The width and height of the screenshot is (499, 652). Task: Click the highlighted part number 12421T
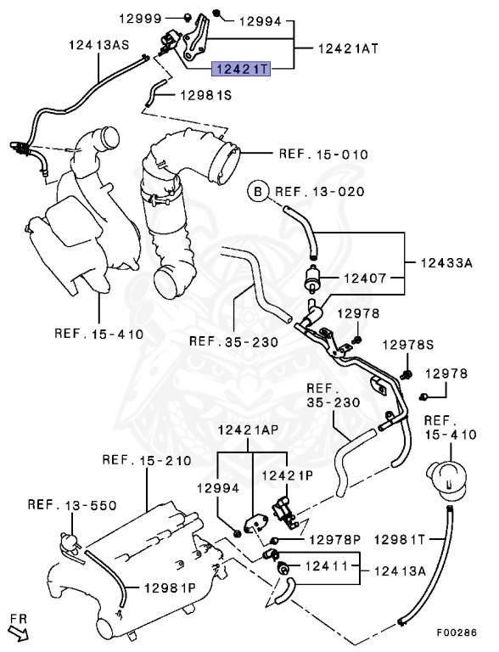click(241, 69)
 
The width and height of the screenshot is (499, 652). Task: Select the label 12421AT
click(349, 48)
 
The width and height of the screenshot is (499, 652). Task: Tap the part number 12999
click(140, 19)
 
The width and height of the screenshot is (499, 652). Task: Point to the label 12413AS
click(99, 44)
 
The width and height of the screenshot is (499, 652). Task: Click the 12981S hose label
click(206, 96)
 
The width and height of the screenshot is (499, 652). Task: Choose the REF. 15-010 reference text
click(323, 155)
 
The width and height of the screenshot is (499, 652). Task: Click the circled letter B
click(258, 192)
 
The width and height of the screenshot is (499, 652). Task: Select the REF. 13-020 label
click(320, 192)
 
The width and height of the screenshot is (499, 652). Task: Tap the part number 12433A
click(446, 263)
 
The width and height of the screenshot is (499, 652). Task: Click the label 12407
click(365, 278)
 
